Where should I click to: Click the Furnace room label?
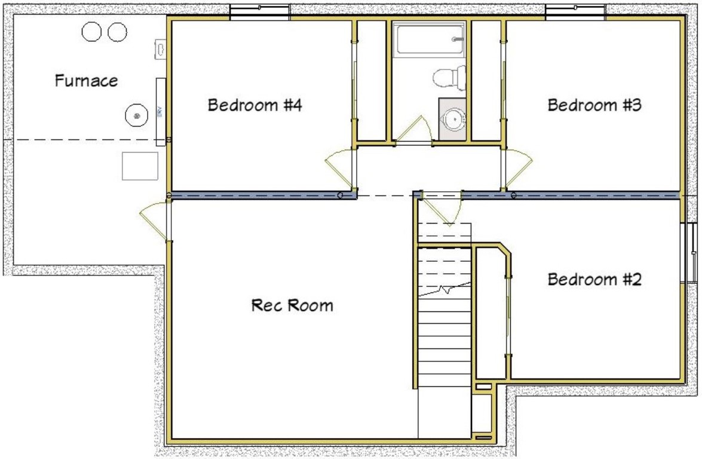pos(87,80)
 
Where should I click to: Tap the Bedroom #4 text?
pos(255,106)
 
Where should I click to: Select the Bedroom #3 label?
pos(594,106)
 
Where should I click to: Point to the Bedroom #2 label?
pos(594,279)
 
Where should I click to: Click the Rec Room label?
pos(292,305)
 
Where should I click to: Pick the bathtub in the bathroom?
pos(428,39)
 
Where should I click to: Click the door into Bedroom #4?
pos(339,164)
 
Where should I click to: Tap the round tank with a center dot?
pos(137,115)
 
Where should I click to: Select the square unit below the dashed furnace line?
pos(140,166)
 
